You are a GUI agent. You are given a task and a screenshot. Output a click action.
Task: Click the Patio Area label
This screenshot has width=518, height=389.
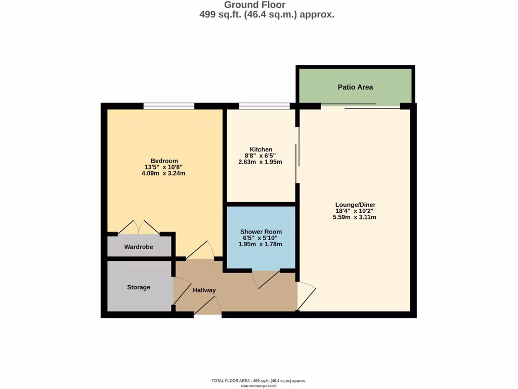(355, 87)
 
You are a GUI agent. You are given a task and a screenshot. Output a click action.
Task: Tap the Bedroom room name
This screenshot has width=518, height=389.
(164, 161)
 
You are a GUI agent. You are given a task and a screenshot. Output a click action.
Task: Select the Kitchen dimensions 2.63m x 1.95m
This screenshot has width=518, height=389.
(260, 162)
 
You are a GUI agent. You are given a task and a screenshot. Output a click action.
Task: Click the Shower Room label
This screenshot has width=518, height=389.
(261, 232)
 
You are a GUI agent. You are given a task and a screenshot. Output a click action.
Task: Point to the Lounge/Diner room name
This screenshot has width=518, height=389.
(355, 205)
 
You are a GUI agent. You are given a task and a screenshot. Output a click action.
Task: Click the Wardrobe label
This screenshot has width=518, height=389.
(139, 247)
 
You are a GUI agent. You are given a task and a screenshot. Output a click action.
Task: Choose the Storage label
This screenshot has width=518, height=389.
(139, 287)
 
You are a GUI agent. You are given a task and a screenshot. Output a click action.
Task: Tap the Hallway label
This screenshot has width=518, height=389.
(204, 290)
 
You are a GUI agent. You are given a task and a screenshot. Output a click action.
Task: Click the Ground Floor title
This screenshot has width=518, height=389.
(254, 5)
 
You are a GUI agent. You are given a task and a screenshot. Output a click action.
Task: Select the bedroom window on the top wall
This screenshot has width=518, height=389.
(168, 106)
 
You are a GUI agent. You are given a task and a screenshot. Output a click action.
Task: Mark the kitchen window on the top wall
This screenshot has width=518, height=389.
(264, 106)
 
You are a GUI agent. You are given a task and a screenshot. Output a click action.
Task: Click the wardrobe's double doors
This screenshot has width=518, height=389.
(139, 228)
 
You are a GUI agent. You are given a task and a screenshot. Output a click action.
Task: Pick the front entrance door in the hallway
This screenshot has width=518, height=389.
(208, 307)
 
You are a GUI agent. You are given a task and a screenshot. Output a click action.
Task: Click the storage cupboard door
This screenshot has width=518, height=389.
(181, 293)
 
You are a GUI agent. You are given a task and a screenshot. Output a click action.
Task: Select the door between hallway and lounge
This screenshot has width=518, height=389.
(306, 295)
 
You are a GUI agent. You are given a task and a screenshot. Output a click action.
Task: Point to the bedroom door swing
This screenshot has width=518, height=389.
(200, 250)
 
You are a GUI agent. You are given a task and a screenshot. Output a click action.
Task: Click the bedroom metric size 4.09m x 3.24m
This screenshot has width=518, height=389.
(164, 173)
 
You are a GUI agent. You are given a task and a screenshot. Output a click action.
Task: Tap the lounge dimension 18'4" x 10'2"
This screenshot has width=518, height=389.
(355, 211)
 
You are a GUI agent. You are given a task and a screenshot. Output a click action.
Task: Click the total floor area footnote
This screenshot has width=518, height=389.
(258, 380)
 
